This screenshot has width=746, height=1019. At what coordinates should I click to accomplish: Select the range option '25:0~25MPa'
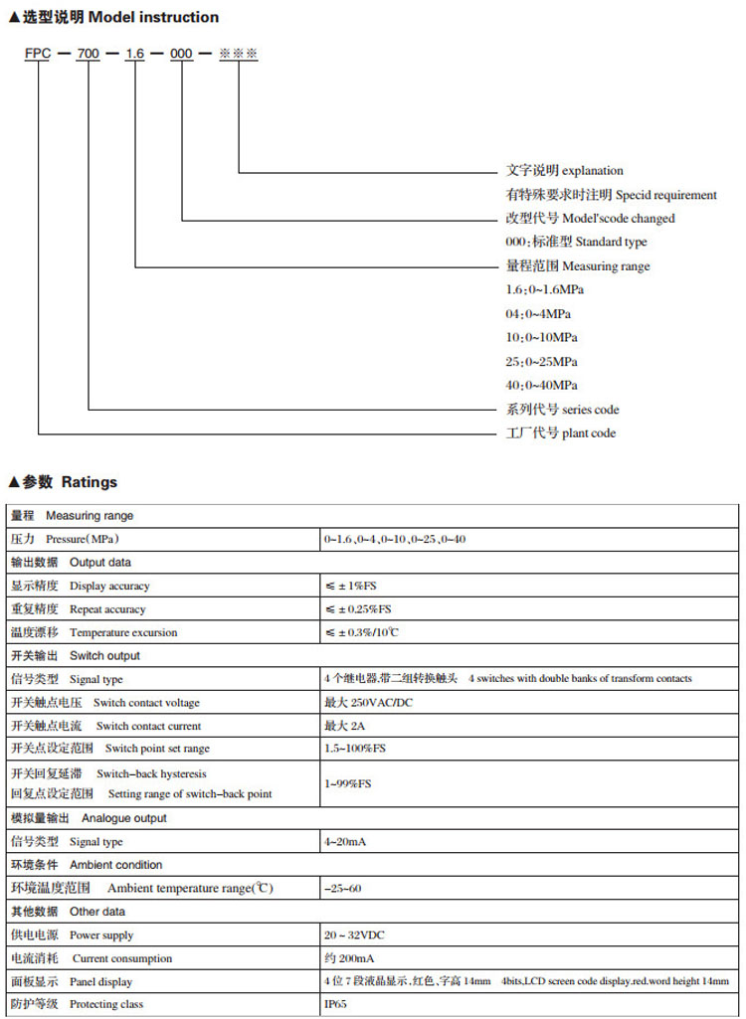click(541, 362)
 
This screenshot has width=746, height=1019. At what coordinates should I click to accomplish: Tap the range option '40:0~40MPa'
click(541, 386)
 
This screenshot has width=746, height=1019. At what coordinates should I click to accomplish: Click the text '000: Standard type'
click(576, 243)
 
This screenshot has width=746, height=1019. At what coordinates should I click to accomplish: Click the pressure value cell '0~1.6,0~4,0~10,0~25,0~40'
click(394, 540)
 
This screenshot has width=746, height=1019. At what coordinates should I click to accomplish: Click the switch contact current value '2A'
click(347, 727)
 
